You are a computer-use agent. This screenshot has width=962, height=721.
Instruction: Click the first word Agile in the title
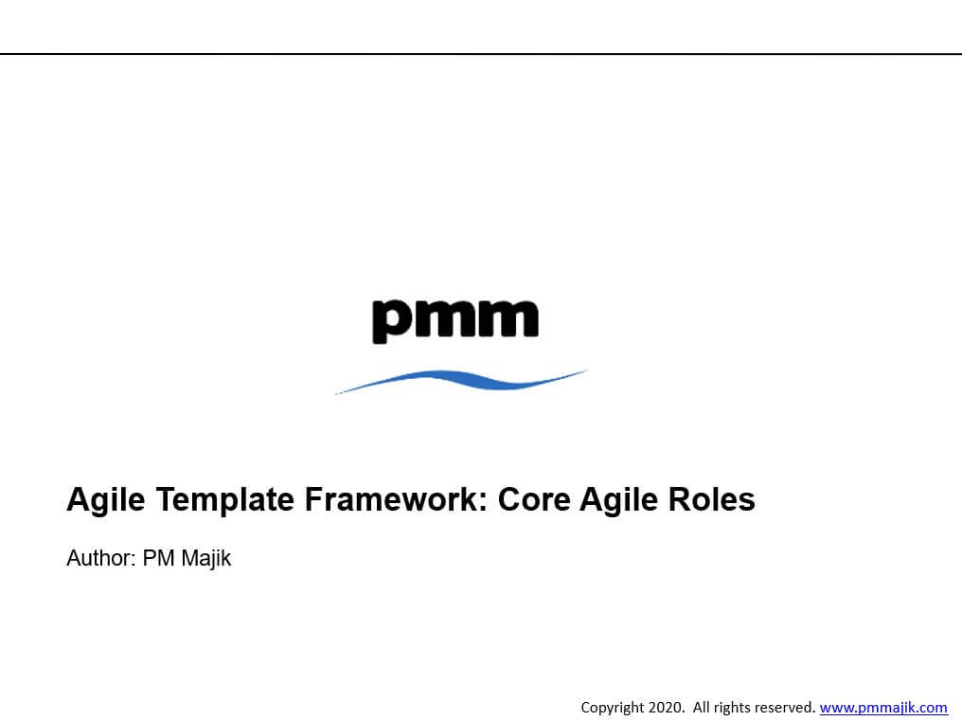pyautogui.click(x=105, y=500)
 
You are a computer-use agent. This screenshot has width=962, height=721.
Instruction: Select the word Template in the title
pyautogui.click(x=225, y=500)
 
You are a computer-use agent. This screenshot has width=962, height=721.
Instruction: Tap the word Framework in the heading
pyautogui.click(x=395, y=498)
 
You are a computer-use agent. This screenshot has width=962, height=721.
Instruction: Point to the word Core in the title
pyautogui.click(x=533, y=499)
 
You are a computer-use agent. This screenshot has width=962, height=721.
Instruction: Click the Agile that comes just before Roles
pyautogui.click(x=618, y=500)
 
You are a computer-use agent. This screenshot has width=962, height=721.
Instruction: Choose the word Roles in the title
pyautogui.click(x=712, y=499)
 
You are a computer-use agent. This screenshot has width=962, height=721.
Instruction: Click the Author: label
pyautogui.click(x=101, y=558)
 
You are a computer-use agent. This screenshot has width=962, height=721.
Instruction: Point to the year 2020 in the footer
pyautogui.click(x=665, y=707)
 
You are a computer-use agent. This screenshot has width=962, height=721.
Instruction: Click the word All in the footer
pyautogui.click(x=702, y=707)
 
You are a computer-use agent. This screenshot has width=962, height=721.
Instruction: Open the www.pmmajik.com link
pyautogui.click(x=883, y=708)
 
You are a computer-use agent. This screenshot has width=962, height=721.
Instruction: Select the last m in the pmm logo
pyautogui.click(x=508, y=318)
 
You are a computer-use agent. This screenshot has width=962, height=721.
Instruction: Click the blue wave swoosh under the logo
pyautogui.click(x=461, y=380)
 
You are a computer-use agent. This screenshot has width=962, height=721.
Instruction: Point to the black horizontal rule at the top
pyautogui.click(x=481, y=54)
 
